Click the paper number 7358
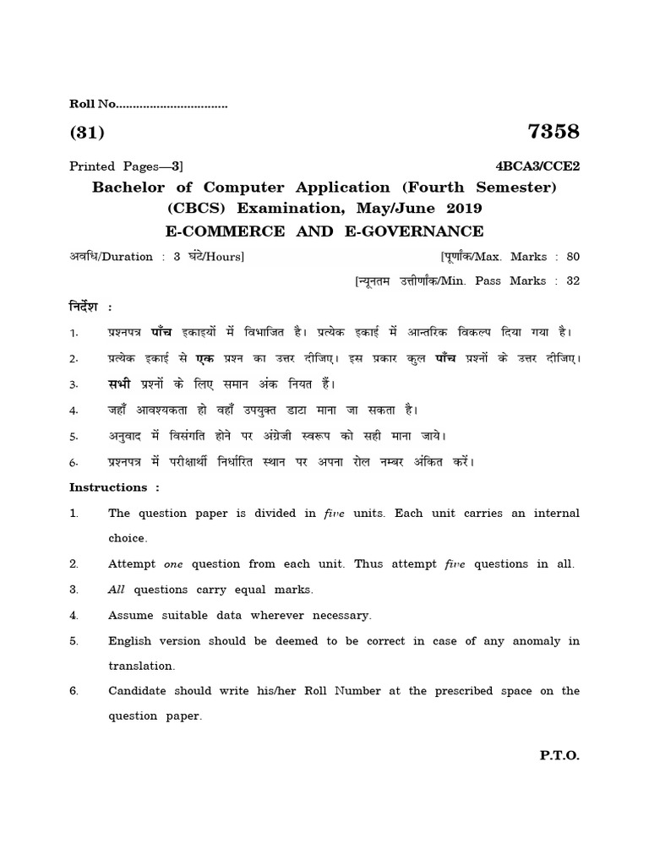[x=553, y=132]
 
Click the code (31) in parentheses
[x=86, y=133]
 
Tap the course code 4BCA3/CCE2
[x=537, y=166]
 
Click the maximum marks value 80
[x=573, y=257]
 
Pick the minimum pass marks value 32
[x=573, y=281]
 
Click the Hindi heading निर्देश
[x=86, y=305]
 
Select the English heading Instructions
[x=108, y=487]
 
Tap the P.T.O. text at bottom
[x=559, y=757]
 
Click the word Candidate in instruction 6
[x=139, y=691]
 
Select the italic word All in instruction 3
[x=117, y=590]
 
